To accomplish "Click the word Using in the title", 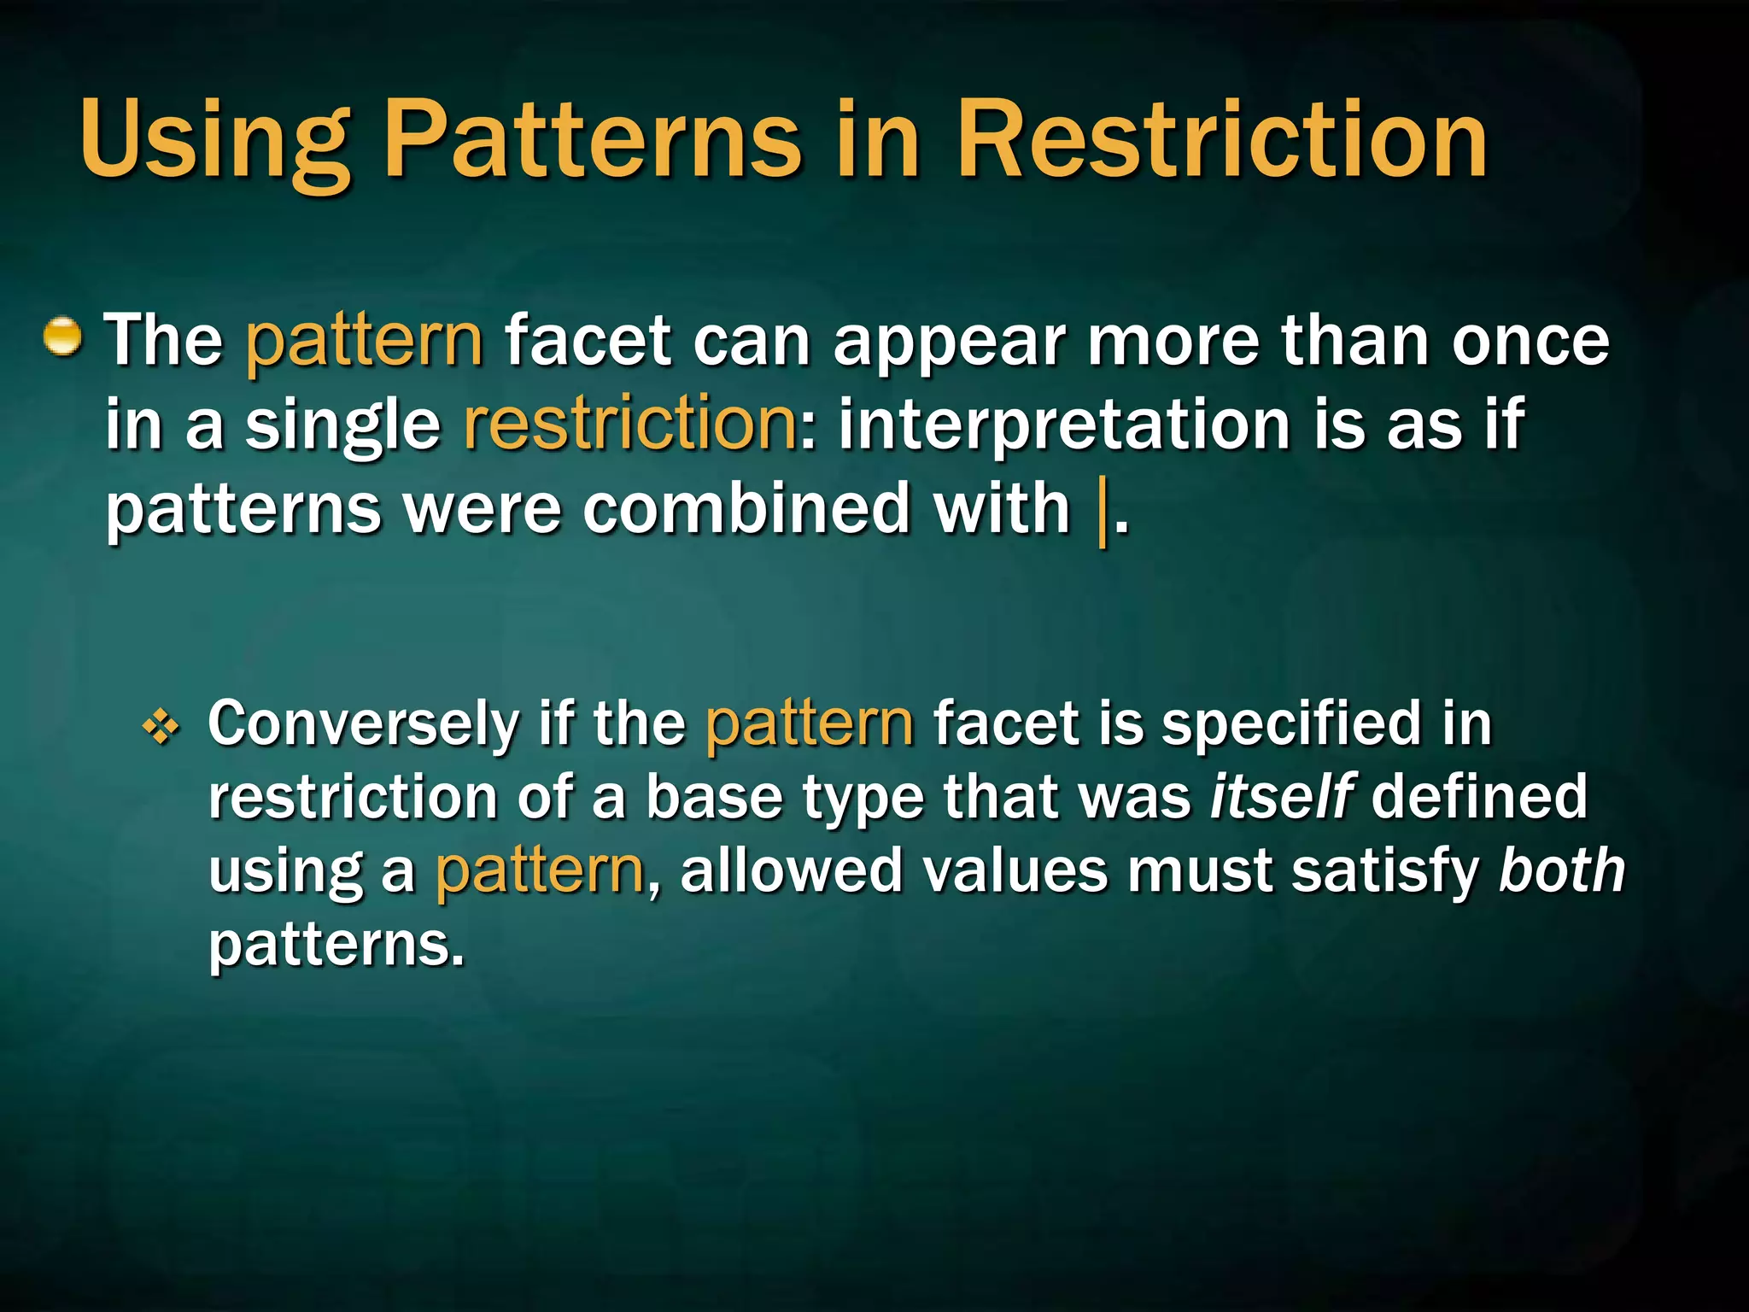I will [214, 141].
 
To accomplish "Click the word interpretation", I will [1064, 425].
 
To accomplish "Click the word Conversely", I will [362, 724].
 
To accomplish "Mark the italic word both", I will [1562, 870].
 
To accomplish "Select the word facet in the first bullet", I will [588, 340].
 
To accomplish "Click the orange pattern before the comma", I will [539, 872].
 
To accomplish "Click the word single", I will [342, 425].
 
